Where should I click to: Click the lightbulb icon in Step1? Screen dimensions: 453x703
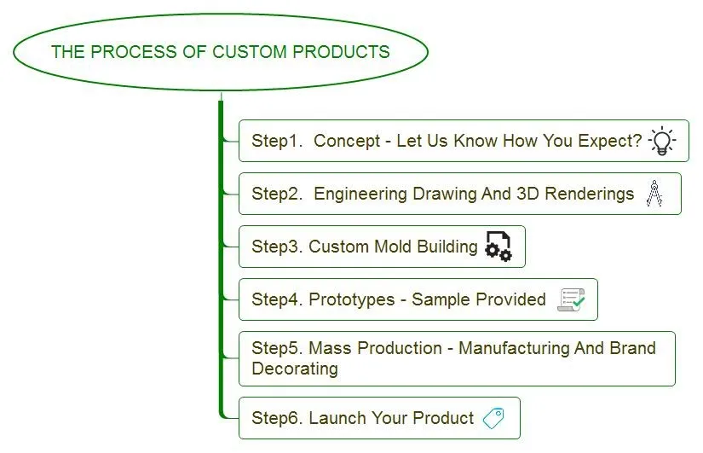[662, 141]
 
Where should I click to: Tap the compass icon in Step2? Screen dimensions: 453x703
[654, 194]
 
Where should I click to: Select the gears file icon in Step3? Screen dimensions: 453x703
[498, 247]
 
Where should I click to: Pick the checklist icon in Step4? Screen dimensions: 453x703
[571, 299]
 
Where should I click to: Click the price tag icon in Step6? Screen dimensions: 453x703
[493, 418]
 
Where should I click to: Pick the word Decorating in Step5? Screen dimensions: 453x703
[295, 369]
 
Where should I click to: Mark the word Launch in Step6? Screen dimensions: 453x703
[336, 418]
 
